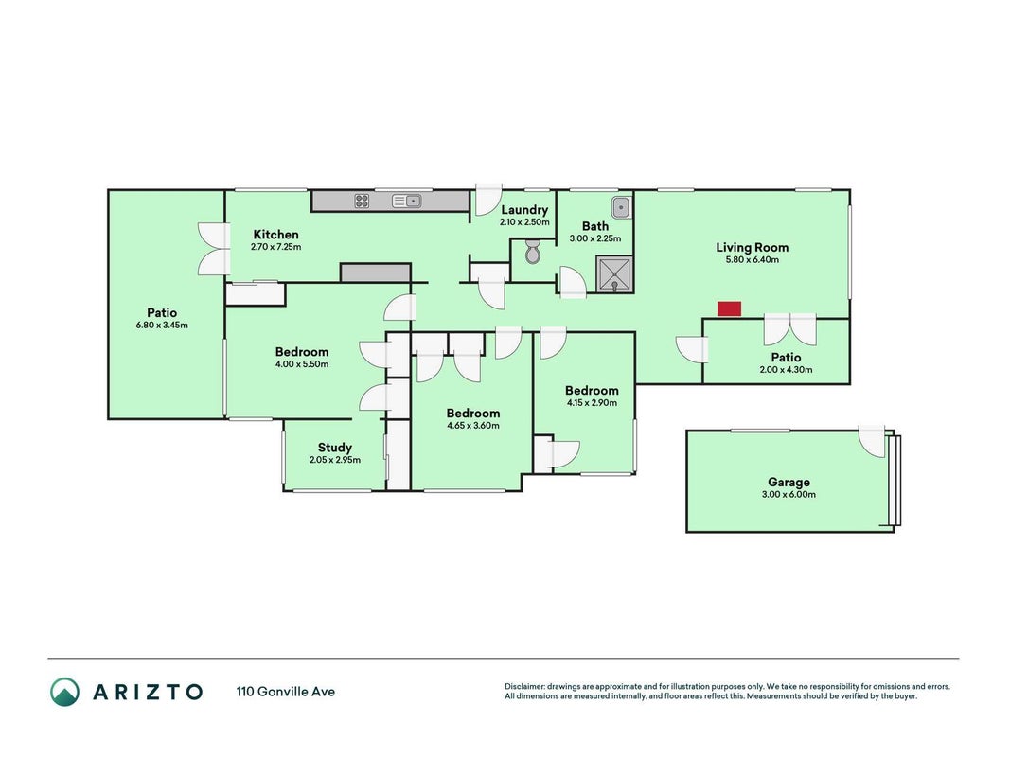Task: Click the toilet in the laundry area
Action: click(533, 252)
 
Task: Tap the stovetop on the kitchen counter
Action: click(362, 202)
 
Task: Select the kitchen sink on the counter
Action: click(406, 202)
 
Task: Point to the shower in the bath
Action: click(614, 274)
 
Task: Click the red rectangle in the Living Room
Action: click(729, 309)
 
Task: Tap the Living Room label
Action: click(752, 247)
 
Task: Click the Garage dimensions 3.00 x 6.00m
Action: click(789, 494)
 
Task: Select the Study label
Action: click(335, 448)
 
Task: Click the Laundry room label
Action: click(524, 210)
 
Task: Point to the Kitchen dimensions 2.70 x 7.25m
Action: click(275, 247)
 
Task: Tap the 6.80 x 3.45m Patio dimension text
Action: click(162, 326)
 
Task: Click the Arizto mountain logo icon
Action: click(65, 692)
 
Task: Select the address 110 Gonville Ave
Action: click(285, 692)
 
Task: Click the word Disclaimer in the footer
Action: click(524, 687)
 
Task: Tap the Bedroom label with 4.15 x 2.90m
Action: click(592, 390)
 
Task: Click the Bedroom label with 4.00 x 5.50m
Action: click(301, 351)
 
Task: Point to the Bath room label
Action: click(595, 226)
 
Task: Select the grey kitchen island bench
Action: click(376, 273)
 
